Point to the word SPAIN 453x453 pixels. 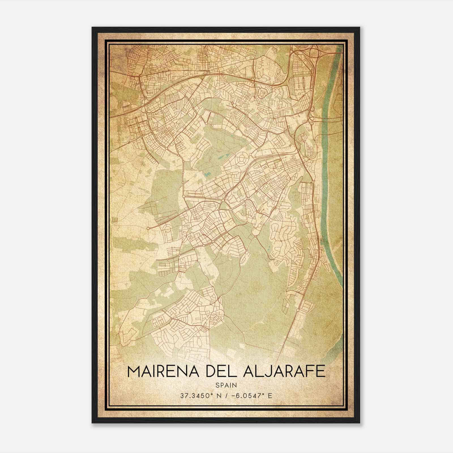pos(226,385)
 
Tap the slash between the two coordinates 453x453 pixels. pos(226,396)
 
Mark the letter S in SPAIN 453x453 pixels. pos(217,385)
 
